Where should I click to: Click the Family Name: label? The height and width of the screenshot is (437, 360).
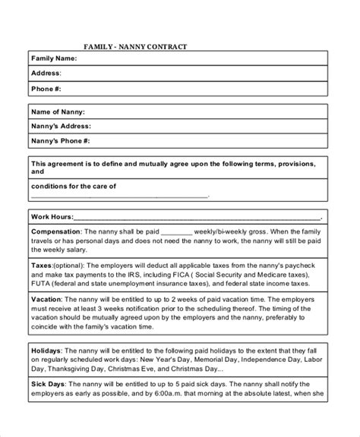(x=55, y=58)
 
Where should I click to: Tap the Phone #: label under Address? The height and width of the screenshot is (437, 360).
(x=47, y=90)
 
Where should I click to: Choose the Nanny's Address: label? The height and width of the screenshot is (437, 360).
(x=62, y=126)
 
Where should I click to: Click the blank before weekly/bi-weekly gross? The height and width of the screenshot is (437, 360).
(x=178, y=231)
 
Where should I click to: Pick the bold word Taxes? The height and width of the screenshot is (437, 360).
(x=42, y=266)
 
